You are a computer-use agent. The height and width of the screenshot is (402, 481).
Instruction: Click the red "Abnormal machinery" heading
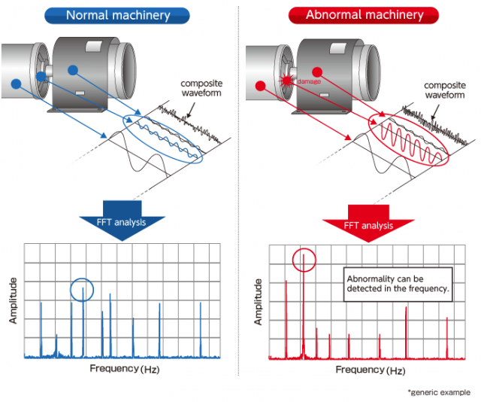(x=364, y=14)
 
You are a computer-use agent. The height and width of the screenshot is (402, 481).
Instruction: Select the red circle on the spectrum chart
(x=304, y=260)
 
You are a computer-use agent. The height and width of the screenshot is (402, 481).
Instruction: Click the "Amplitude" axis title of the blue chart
(x=13, y=300)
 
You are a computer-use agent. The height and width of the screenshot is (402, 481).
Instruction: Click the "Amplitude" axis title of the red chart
(x=258, y=300)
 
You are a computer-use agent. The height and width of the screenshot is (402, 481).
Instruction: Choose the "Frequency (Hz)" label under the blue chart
(x=125, y=368)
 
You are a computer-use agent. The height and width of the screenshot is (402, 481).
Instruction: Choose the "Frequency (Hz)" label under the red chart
(x=370, y=370)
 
